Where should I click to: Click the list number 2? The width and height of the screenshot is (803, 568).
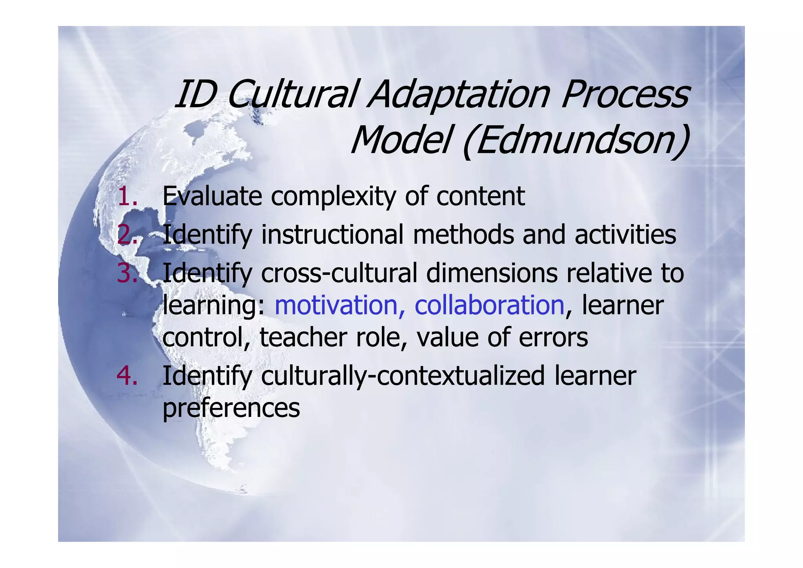click(x=127, y=234)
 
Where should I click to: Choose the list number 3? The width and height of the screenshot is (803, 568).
click(x=127, y=273)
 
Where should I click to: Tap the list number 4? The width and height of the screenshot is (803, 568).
click(x=127, y=376)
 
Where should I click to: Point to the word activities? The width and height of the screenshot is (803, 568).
click(x=625, y=234)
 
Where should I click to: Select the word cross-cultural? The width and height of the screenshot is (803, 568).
click(x=339, y=273)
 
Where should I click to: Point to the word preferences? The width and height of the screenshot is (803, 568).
click(x=231, y=408)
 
